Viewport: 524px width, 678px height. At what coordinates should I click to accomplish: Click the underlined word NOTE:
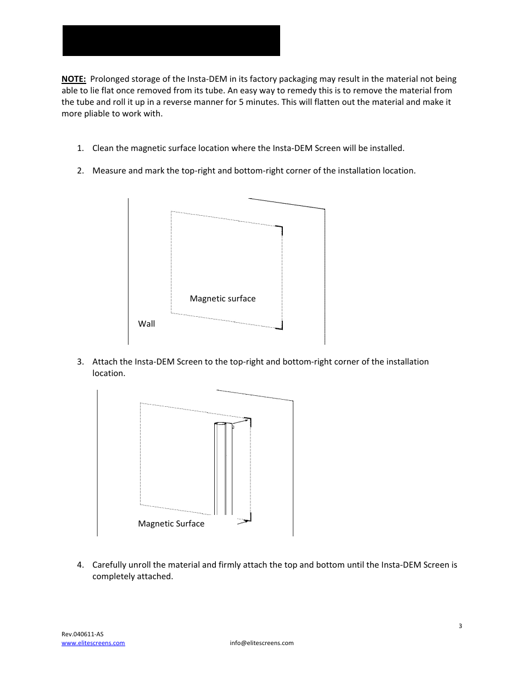click(x=74, y=79)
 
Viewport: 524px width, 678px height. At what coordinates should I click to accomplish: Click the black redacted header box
click(x=171, y=41)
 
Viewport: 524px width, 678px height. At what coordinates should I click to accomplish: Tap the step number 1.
click(x=80, y=148)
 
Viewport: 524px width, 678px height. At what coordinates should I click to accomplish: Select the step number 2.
click(x=80, y=171)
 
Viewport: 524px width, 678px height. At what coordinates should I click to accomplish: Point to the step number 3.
click(x=80, y=362)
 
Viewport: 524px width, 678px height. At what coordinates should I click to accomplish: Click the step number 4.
click(x=80, y=565)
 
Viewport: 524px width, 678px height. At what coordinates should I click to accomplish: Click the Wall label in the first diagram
click(x=147, y=324)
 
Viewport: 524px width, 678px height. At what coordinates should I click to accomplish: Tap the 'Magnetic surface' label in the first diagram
click(x=222, y=299)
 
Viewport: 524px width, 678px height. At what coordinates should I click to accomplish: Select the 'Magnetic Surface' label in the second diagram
click(x=171, y=524)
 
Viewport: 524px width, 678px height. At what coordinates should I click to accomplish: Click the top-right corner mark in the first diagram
click(x=280, y=229)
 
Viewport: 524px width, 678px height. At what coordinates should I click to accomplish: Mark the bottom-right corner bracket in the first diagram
click(x=280, y=326)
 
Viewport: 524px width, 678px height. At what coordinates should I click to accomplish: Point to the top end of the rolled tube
click(x=221, y=424)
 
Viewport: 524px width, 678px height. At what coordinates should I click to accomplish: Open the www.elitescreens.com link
click(x=93, y=643)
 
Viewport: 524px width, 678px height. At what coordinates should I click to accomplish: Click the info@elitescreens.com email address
click(x=261, y=643)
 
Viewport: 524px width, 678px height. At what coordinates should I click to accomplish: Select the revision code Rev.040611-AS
click(x=82, y=634)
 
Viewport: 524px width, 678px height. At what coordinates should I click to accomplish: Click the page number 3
click(x=460, y=626)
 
